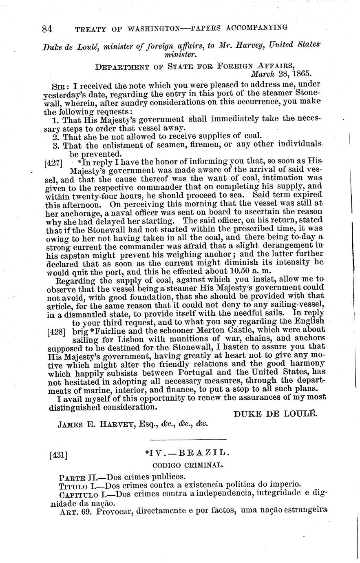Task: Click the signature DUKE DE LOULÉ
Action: [275, 413]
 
